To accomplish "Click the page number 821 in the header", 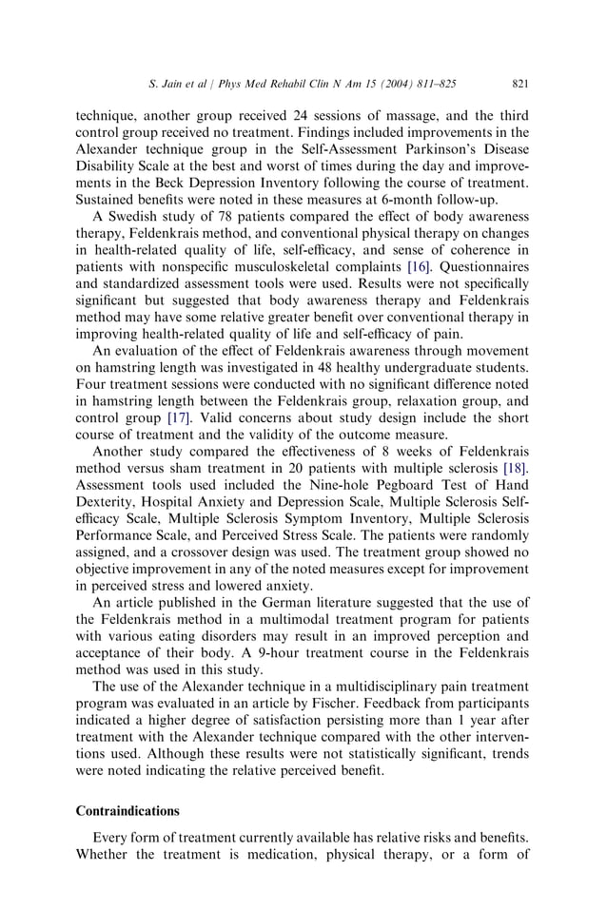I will [x=519, y=84].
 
